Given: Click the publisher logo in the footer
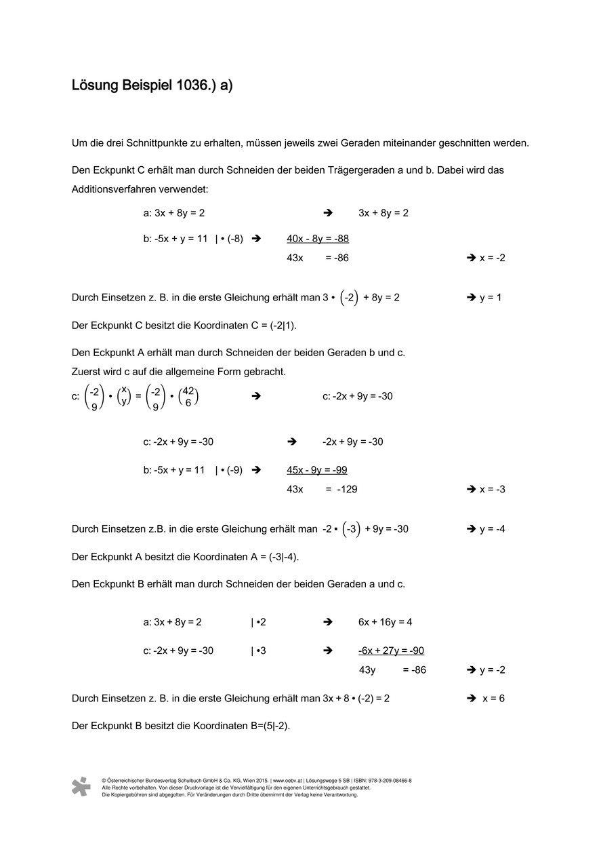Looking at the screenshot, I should (x=81, y=786).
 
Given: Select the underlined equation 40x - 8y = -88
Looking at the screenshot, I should (x=318, y=239).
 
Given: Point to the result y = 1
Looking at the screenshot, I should (x=491, y=297).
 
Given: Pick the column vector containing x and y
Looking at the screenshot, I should (x=123, y=395).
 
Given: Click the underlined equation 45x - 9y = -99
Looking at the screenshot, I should (x=317, y=470).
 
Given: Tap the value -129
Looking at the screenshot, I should (x=347, y=489).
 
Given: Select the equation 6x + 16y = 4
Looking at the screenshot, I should (x=385, y=622).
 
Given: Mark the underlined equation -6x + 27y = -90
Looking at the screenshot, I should (x=391, y=651).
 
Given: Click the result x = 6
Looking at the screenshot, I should (x=493, y=699).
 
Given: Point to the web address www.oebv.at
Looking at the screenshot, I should (x=288, y=781).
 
